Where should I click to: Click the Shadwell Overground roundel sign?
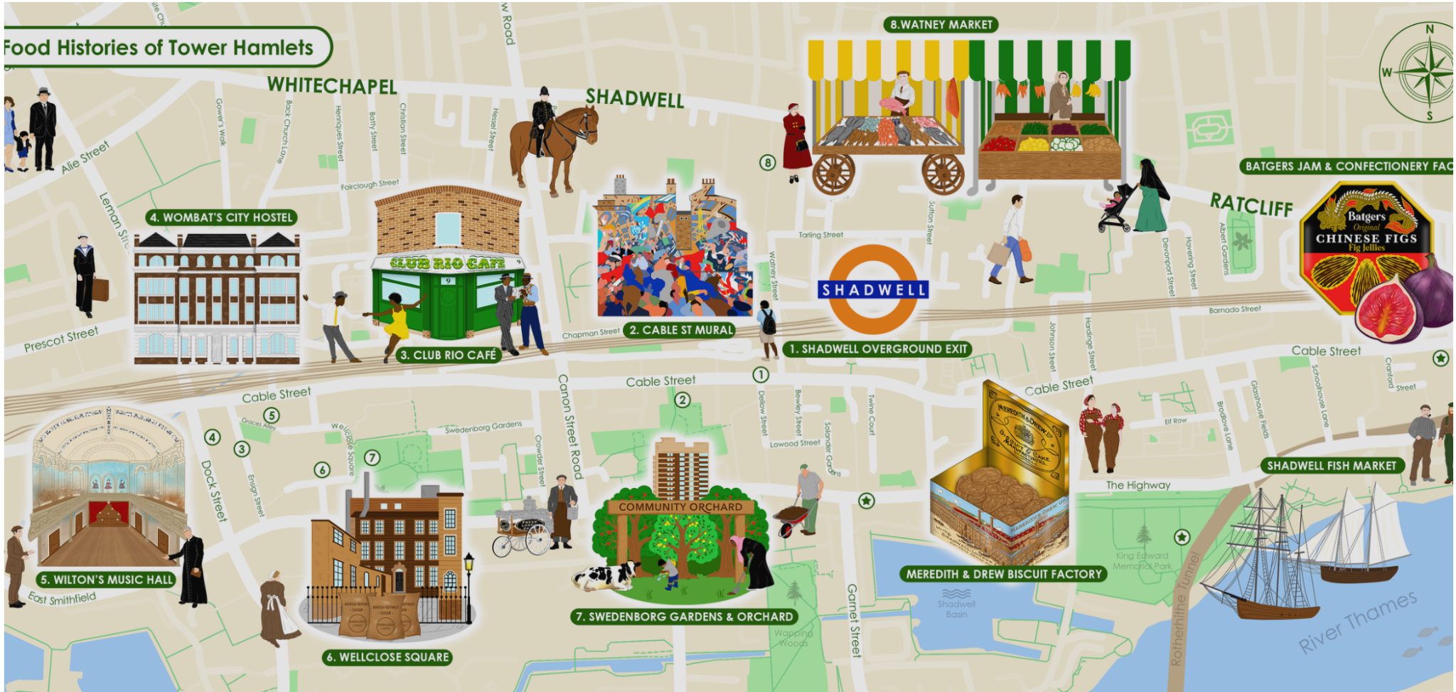[874, 289]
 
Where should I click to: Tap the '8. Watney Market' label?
[941, 25]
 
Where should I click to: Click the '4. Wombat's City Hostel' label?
[221, 218]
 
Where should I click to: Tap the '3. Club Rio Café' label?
[448, 355]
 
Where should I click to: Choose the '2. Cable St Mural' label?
[680, 330]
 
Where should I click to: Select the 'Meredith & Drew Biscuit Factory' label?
[1003, 574]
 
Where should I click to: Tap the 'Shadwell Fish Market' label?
[1332, 466]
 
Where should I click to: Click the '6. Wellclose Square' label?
[387, 657]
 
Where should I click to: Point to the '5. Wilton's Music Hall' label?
[107, 580]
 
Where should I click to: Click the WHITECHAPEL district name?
[332, 86]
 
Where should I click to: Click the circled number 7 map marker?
[372, 457]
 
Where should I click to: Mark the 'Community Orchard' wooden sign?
[680, 507]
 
